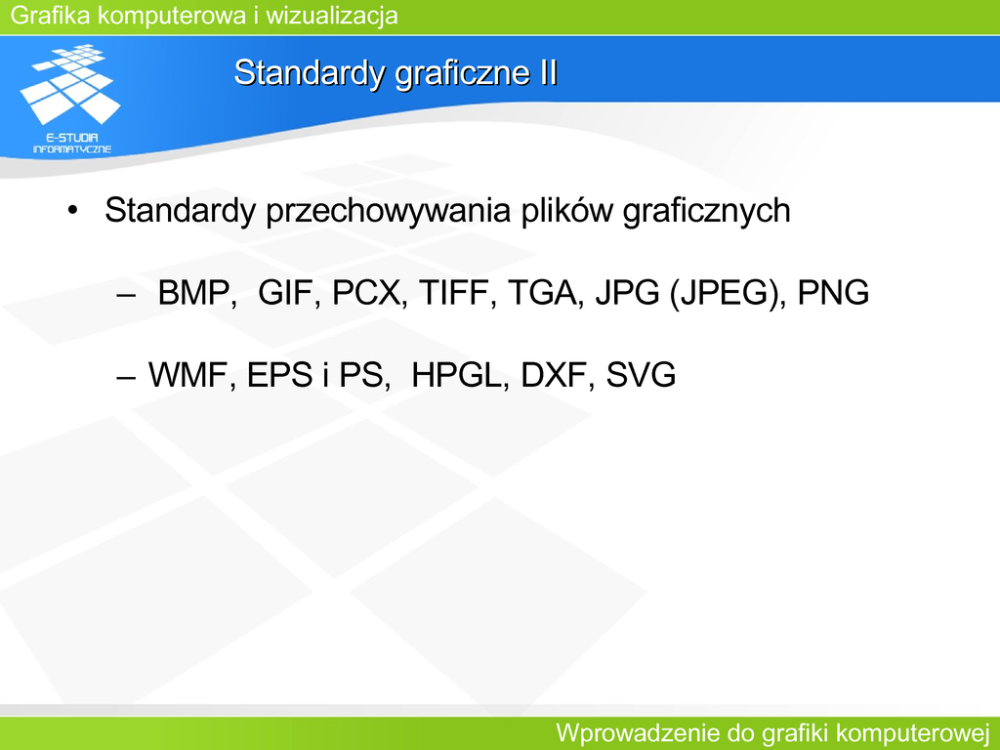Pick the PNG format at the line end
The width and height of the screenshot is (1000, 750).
[x=834, y=293]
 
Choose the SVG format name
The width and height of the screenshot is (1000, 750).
[x=641, y=375]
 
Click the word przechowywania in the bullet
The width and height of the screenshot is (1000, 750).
[x=389, y=211]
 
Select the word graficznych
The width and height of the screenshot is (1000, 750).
[x=707, y=211]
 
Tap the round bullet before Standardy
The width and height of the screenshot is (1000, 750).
[x=72, y=211]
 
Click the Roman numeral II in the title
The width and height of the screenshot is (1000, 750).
[x=549, y=72]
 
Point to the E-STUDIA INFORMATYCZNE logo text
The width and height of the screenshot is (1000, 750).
[x=72, y=144]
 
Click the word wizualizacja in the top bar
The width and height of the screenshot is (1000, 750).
[x=332, y=16]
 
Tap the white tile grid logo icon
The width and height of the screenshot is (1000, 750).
[x=70, y=84]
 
